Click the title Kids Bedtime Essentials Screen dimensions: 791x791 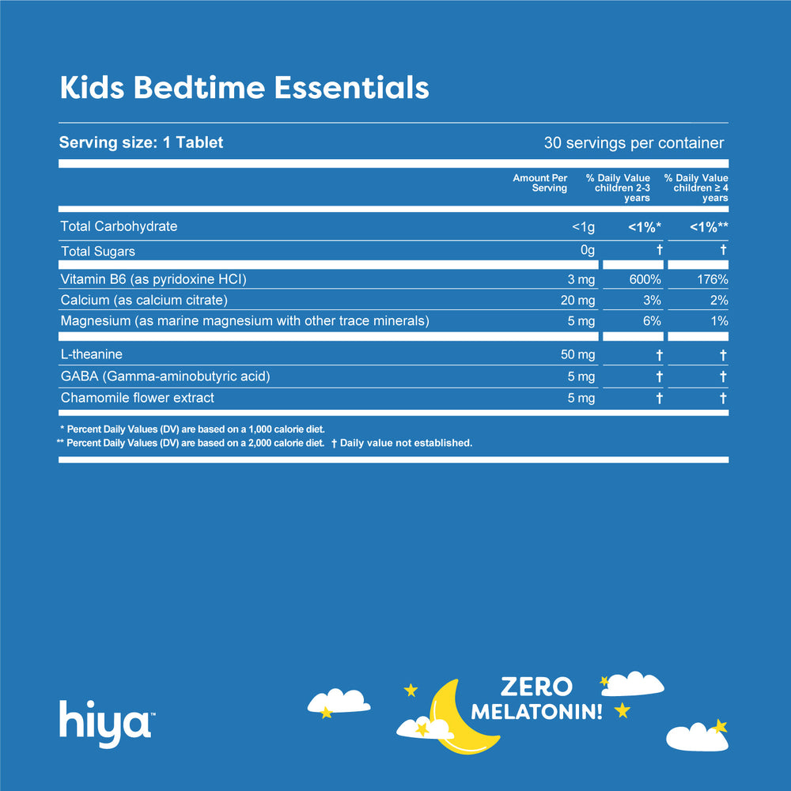[x=244, y=88]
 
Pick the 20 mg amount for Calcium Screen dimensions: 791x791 [x=577, y=301]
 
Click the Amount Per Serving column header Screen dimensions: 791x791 [x=540, y=183]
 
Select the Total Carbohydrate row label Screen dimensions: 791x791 [x=119, y=227]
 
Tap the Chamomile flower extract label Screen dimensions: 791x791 [x=138, y=398]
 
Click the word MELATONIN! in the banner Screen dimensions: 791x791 [x=536, y=711]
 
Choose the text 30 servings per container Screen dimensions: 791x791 [x=634, y=143]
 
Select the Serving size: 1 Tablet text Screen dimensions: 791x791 [x=142, y=143]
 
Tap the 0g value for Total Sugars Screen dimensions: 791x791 [x=587, y=252]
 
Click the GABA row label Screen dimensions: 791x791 [x=165, y=377]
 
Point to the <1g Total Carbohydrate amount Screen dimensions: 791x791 [x=583, y=227]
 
